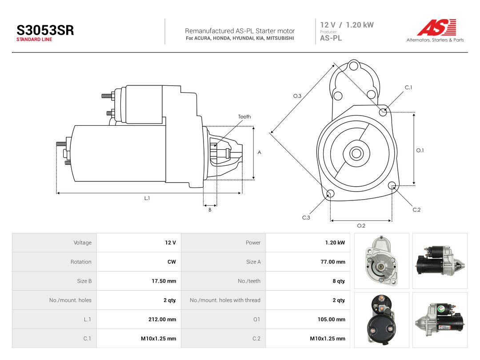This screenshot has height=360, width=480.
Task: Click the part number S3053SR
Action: (x=45, y=30)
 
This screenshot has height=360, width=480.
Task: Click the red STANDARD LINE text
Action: (x=34, y=40)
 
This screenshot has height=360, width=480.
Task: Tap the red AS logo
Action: (x=437, y=27)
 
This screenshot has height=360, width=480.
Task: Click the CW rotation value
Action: (x=172, y=262)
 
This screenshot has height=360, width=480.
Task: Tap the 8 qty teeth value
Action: (x=339, y=281)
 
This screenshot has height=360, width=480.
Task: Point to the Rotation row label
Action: (x=81, y=262)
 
